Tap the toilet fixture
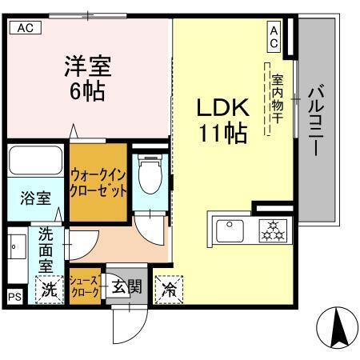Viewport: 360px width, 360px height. click(149, 177)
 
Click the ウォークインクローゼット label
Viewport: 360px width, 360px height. click(98, 185)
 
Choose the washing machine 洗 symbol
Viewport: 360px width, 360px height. click(50, 288)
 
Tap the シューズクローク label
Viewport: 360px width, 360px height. click(85, 286)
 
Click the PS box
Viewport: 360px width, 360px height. click(14, 296)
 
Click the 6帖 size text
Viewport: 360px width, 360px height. click(86, 90)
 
